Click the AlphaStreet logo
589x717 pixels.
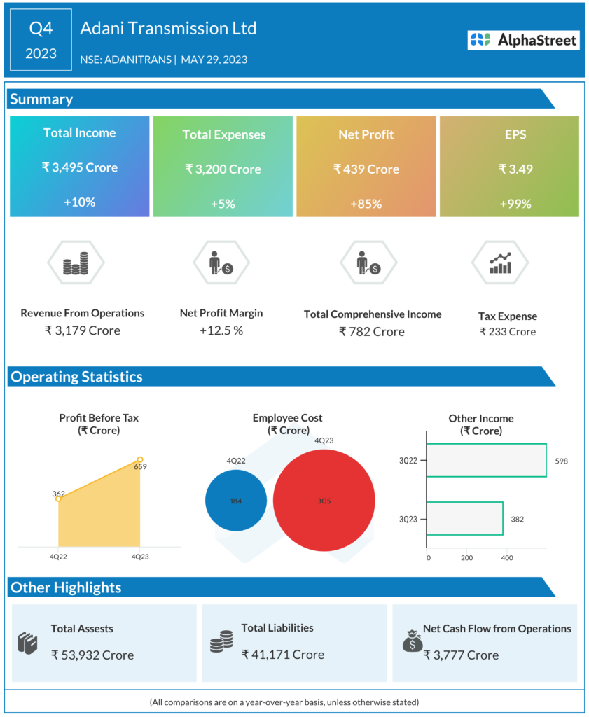[524, 41]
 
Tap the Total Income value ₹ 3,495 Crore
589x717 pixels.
[79, 167]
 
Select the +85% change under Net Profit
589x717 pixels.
[366, 204]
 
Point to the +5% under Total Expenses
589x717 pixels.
[223, 204]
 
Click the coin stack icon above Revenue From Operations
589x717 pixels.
[76, 263]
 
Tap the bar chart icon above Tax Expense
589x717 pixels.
[500, 263]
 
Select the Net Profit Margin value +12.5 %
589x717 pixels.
[221, 330]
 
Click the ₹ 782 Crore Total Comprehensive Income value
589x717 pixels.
[372, 331]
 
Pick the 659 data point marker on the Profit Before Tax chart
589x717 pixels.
[140, 459]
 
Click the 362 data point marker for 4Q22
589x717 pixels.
[58, 499]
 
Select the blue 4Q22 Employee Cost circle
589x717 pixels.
[236, 501]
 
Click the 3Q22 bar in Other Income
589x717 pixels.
[486, 461]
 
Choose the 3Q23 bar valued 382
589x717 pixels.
[464, 518]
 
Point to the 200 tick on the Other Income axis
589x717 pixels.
[467, 558]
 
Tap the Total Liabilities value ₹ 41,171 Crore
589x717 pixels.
[283, 655]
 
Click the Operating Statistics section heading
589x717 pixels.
[76, 377]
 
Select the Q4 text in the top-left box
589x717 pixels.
[41, 29]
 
